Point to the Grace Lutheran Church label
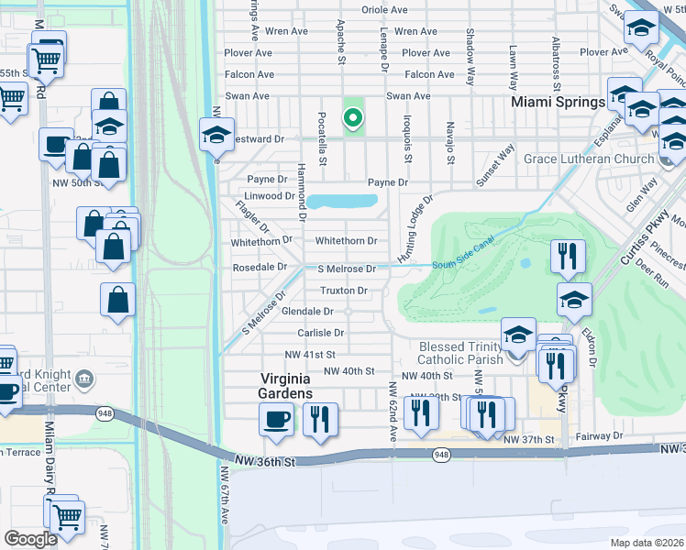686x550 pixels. pyautogui.click(x=581, y=159)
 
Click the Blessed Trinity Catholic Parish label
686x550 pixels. pyautogui.click(x=460, y=353)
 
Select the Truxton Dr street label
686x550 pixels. pyautogui.click(x=343, y=291)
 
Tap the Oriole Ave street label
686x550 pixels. pyautogui.click(x=385, y=10)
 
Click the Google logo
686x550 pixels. pyautogui.click(x=30, y=539)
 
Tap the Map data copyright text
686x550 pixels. pyautogui.click(x=647, y=543)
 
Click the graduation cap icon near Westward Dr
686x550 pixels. pyautogui.click(x=216, y=135)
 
